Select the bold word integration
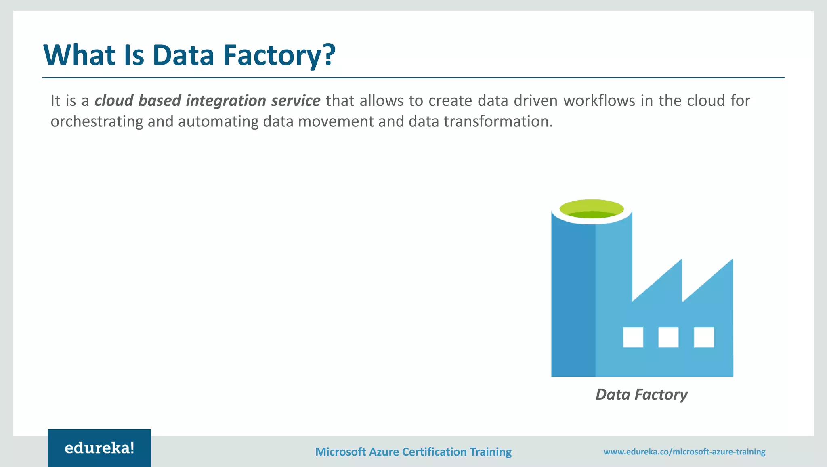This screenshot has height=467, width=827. coord(226,101)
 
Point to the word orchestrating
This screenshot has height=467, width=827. coord(97,121)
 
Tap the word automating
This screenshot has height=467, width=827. coord(218,121)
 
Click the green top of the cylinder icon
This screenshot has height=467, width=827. coord(592,209)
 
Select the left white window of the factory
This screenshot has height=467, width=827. coord(633,337)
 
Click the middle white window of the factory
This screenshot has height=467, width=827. coord(668,337)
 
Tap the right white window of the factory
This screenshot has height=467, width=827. coord(704,337)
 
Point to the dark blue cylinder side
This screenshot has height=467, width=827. coord(573,299)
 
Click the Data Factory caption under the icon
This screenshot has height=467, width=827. coord(641,394)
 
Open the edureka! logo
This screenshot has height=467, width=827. coord(99,448)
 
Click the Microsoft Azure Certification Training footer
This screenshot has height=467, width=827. coord(413,452)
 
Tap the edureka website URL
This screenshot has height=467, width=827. coord(684,452)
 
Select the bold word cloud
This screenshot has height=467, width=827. coord(114,101)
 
